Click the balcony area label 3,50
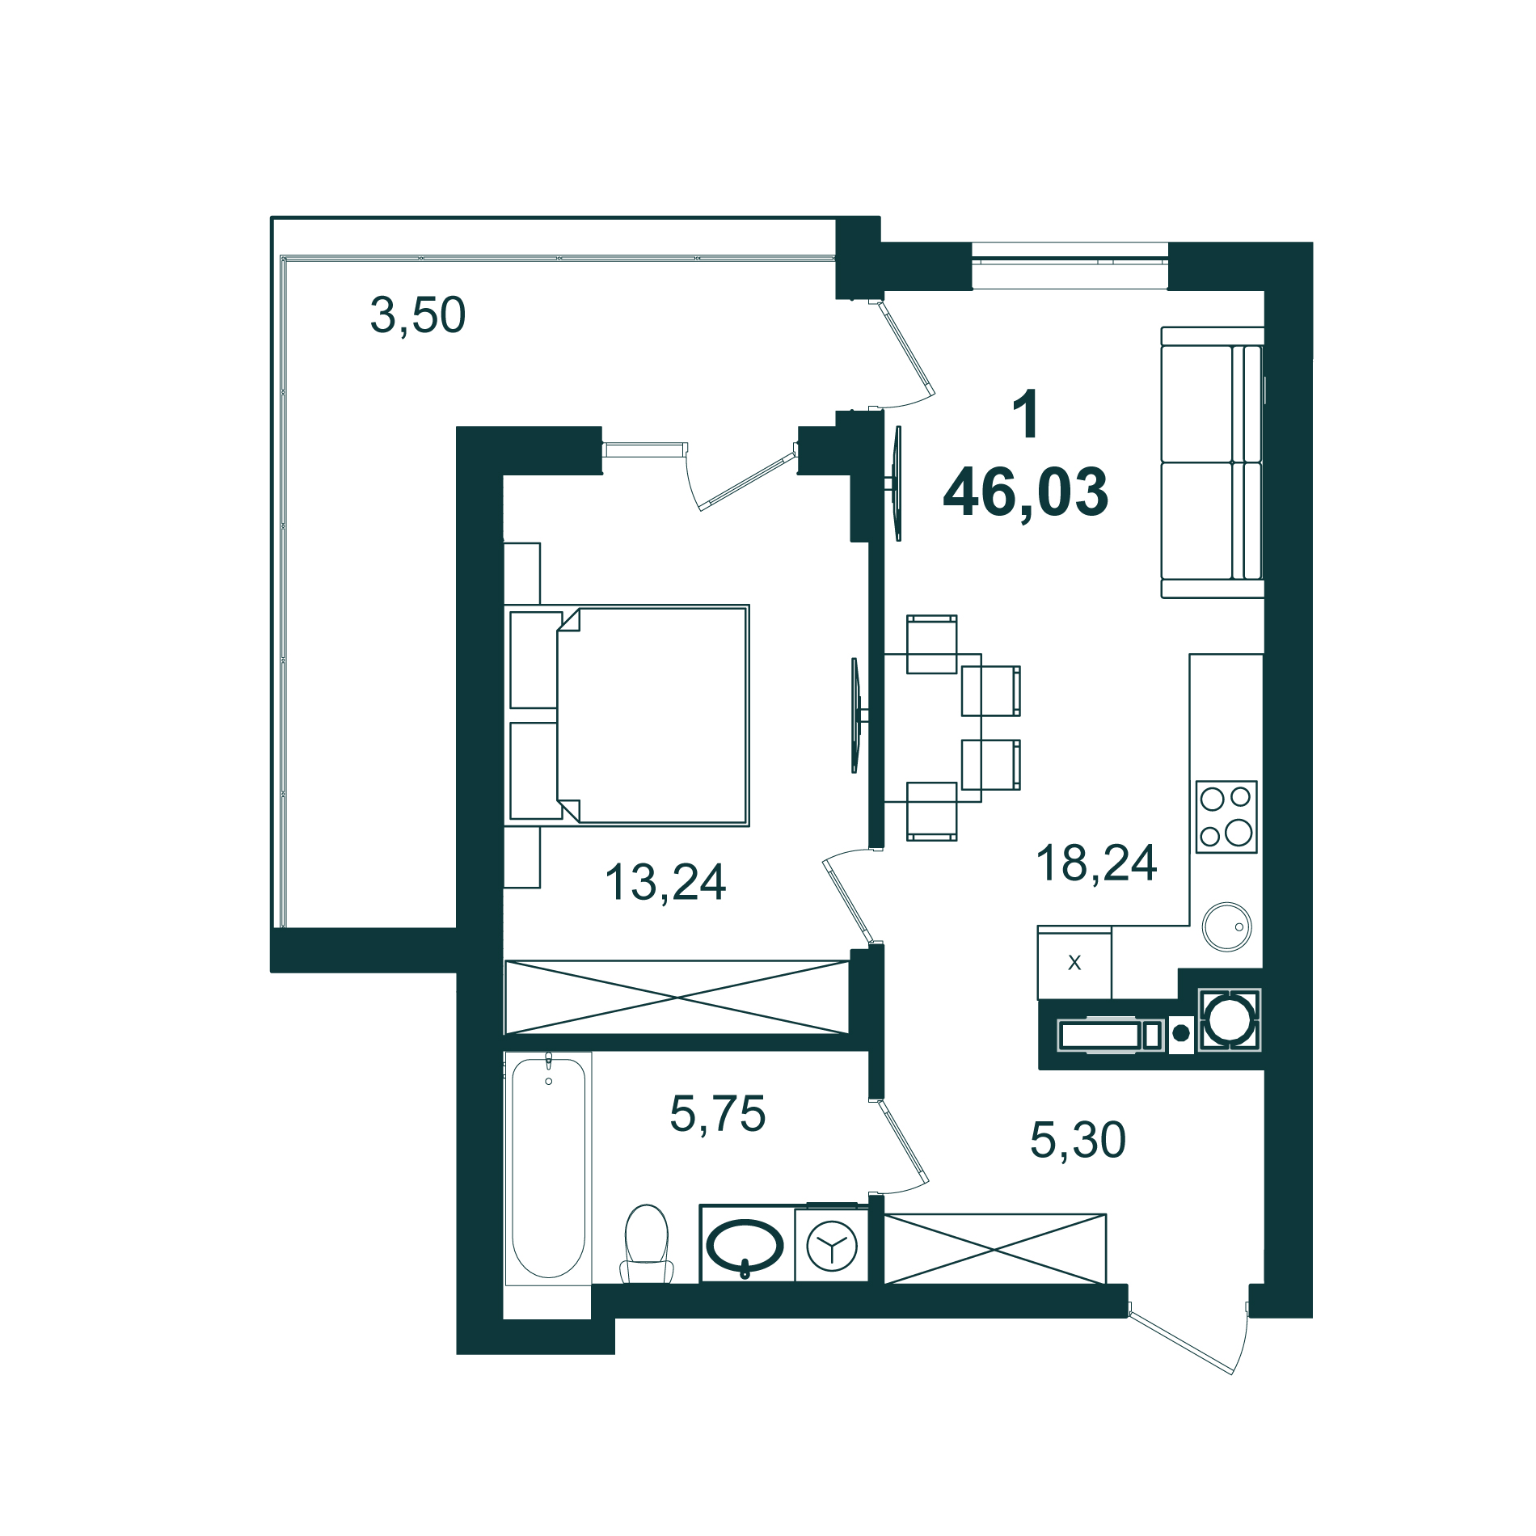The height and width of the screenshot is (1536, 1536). click(x=417, y=315)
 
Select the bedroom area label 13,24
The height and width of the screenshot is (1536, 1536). click(x=665, y=882)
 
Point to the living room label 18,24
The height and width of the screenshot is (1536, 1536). click(x=1095, y=863)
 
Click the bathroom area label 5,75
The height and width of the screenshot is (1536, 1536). click(x=717, y=1113)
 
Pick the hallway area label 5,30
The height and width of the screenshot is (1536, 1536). click(x=1077, y=1140)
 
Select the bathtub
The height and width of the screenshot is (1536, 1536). click(x=548, y=1167)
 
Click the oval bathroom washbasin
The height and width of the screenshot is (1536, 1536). click(x=745, y=1246)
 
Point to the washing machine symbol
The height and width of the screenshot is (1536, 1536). click(x=831, y=1246)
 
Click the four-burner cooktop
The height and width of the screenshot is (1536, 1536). click(x=1226, y=817)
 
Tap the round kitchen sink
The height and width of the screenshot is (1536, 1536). click(x=1226, y=926)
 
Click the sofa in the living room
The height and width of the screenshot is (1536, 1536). click(x=1210, y=462)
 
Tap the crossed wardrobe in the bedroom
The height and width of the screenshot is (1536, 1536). click(x=677, y=997)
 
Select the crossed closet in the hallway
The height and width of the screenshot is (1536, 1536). click(x=994, y=1248)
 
